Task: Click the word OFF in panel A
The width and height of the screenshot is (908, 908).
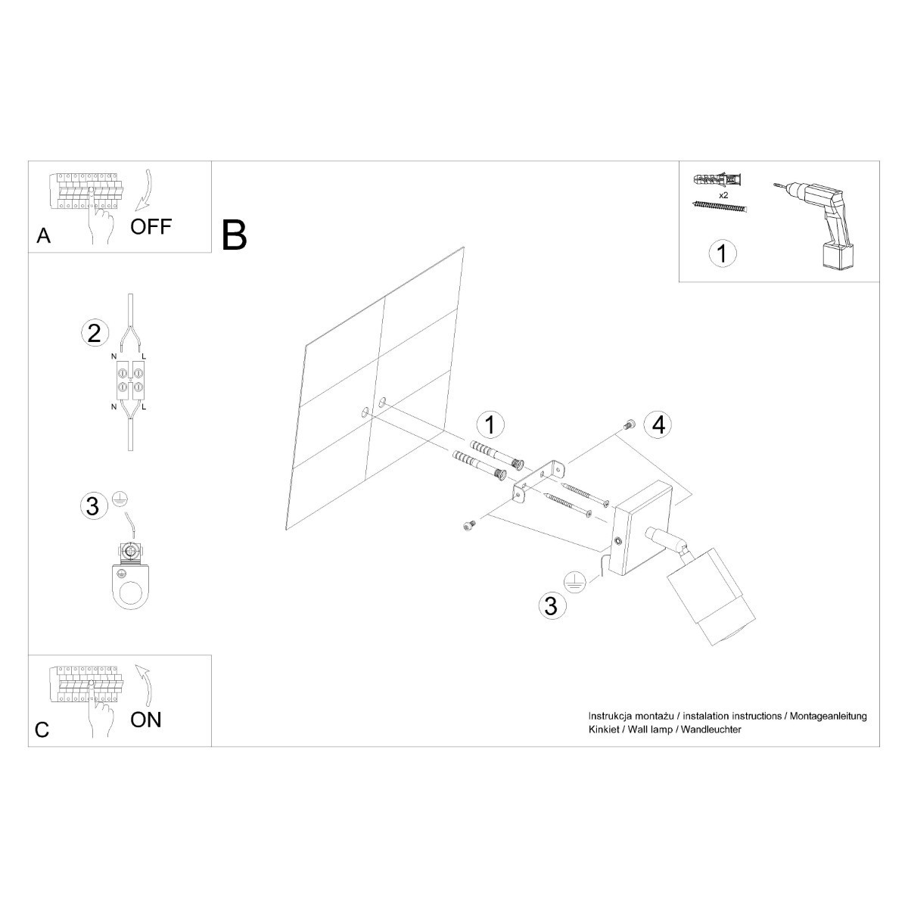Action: pos(151,225)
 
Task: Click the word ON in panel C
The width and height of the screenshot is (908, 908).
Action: pos(146,719)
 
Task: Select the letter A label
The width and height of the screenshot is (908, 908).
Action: pos(44,236)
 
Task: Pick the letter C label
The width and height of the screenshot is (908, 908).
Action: pos(42,729)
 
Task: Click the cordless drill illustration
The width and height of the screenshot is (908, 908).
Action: pos(821,219)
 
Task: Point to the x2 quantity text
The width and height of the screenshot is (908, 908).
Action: pos(723,194)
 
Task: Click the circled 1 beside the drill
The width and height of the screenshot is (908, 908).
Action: pos(722,253)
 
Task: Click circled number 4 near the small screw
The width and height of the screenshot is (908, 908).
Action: pos(658,424)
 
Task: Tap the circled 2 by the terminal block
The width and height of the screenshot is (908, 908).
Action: pos(94,333)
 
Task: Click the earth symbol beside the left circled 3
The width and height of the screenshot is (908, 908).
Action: pos(118,499)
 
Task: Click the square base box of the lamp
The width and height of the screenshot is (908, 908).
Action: pos(642,530)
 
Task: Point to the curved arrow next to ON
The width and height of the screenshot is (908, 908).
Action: pos(145,684)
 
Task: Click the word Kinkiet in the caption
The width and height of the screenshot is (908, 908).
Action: pos(605,729)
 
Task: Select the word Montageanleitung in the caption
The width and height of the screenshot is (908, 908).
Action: pos(829,716)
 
